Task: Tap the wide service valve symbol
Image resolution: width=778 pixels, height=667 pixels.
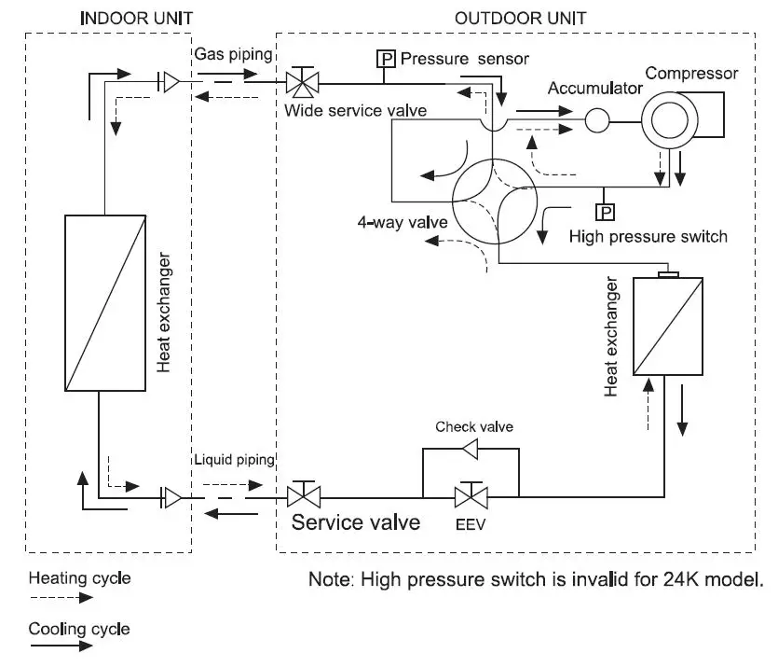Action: click(x=303, y=82)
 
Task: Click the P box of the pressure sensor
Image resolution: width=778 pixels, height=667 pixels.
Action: click(x=386, y=59)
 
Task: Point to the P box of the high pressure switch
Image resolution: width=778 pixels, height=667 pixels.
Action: click(x=605, y=213)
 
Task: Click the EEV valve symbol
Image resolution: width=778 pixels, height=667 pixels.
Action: click(x=471, y=496)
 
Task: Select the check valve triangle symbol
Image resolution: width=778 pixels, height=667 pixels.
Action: click(x=470, y=450)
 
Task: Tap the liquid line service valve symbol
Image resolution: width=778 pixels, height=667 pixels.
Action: click(x=304, y=495)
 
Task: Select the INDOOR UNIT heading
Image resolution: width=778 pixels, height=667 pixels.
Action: click(x=136, y=19)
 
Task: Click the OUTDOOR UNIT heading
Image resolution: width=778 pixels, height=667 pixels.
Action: click(x=521, y=19)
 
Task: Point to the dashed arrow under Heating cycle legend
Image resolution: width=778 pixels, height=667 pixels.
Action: click(x=61, y=598)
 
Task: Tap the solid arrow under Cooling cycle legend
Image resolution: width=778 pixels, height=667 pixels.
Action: click(x=61, y=646)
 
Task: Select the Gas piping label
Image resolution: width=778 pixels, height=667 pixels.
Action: click(x=233, y=54)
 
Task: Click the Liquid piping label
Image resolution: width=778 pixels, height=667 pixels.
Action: click(x=234, y=459)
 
